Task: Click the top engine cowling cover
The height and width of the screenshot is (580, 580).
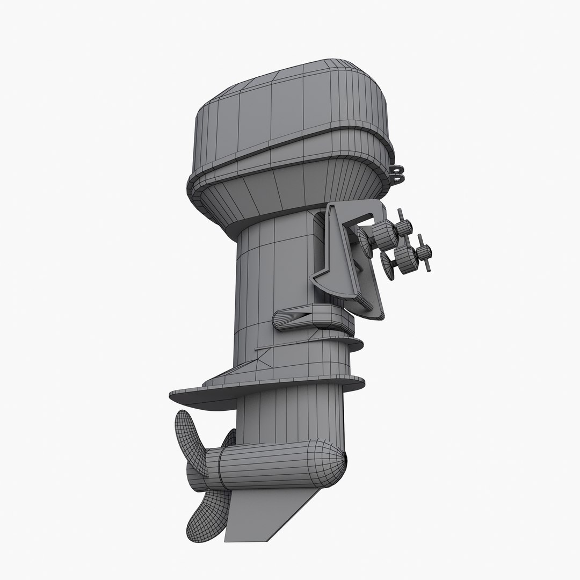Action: click(290, 113)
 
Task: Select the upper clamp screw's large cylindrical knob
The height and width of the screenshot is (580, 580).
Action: click(383, 233)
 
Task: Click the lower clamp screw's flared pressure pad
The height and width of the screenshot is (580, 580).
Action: click(388, 263)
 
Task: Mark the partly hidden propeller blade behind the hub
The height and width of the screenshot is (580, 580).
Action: click(230, 438)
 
